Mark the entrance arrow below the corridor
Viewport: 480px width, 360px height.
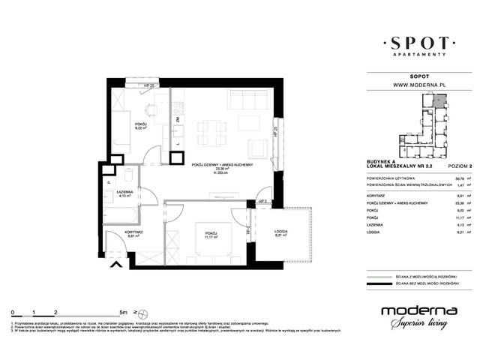click(115, 263)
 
